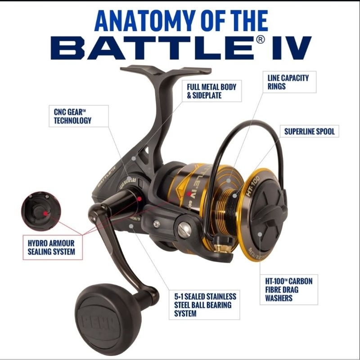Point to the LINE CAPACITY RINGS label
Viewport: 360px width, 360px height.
click(288, 82)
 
